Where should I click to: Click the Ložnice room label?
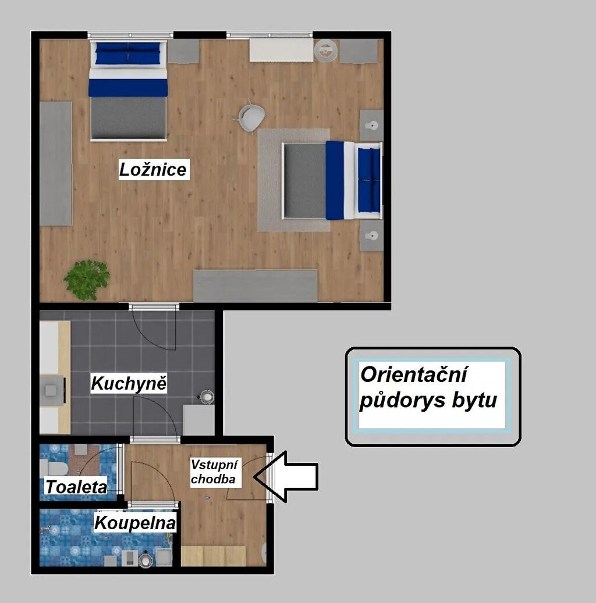click(x=153, y=169)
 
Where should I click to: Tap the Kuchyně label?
click(x=129, y=383)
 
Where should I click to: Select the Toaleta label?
click(x=76, y=487)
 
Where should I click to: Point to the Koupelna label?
click(x=135, y=523)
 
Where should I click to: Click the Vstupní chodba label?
click(x=214, y=472)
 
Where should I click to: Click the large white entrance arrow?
click(x=286, y=477)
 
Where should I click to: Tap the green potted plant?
click(x=87, y=280)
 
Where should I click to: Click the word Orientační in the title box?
click(x=414, y=374)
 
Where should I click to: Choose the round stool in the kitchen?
click(x=207, y=397)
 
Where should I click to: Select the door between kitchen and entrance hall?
click(x=155, y=419)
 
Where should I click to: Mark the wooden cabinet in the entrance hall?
click(x=213, y=556)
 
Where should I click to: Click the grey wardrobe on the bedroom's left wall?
click(x=56, y=163)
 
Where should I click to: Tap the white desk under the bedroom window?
click(x=282, y=50)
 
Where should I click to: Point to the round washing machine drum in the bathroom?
click(x=145, y=560)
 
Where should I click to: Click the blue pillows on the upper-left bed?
click(x=127, y=53)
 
